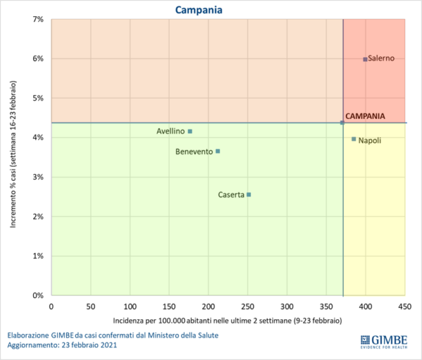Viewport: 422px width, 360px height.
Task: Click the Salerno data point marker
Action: (x=365, y=59)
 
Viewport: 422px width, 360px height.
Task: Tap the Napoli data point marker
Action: (x=354, y=139)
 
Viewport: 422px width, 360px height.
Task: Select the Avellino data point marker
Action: (x=190, y=131)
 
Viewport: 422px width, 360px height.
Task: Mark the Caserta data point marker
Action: (x=248, y=195)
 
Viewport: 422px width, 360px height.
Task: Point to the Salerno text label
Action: (x=381, y=59)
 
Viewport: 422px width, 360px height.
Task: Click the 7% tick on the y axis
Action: (x=38, y=19)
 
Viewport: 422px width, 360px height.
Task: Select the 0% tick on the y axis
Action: (x=38, y=296)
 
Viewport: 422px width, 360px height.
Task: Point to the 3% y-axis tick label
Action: (x=38, y=177)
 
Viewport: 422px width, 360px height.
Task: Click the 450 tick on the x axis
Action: (x=404, y=307)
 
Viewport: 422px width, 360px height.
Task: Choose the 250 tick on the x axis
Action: (x=248, y=307)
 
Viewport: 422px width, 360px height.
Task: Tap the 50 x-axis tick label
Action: (x=90, y=307)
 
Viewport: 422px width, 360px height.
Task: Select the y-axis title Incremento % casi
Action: (x=14, y=157)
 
